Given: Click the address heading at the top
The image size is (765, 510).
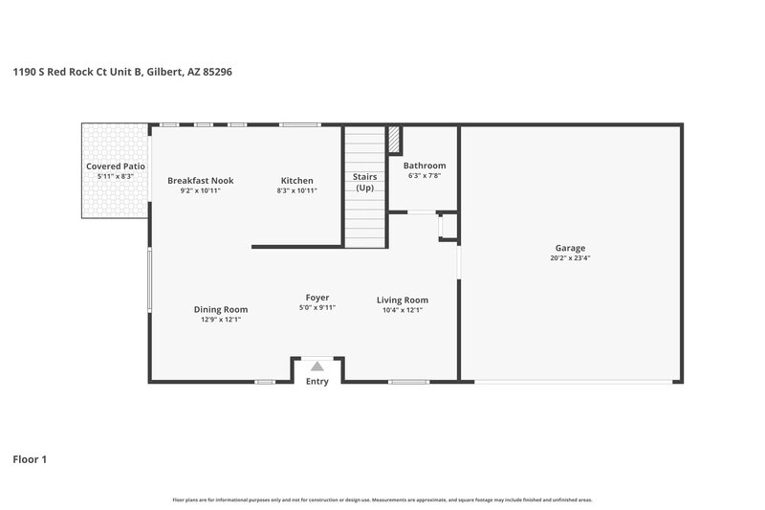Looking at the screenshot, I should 122,71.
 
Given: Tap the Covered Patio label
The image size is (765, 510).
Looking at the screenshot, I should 116,166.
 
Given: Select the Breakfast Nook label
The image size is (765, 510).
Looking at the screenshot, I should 200,180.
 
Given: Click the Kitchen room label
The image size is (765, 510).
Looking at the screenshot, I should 296,180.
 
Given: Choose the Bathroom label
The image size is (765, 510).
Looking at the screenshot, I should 425,166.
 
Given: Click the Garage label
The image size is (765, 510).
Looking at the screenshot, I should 570,248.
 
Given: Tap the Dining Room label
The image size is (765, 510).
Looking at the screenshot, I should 221,309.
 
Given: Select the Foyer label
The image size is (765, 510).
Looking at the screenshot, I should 317,298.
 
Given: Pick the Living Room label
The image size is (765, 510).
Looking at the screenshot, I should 402,299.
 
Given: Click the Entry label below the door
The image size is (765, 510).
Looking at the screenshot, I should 317,382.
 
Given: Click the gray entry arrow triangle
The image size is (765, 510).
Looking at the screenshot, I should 317,366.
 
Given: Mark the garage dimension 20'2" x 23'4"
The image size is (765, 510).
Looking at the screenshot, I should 570,258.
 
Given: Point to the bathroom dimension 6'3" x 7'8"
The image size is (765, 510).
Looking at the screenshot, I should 425,176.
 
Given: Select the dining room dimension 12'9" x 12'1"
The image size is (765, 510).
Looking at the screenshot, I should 221,320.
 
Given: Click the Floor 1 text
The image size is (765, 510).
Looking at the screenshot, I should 30,459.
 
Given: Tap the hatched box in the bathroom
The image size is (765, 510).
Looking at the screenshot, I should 393,140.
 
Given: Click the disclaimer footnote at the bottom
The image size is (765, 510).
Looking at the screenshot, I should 382,499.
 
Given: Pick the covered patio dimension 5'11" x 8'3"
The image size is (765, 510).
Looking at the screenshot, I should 116,176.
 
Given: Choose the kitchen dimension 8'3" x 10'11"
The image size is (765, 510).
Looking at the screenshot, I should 296,190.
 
